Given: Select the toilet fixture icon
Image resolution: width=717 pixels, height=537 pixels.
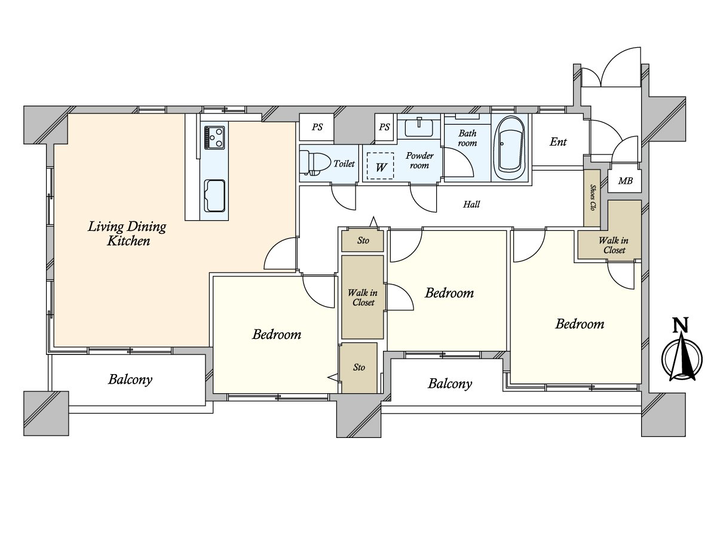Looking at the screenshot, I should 312,162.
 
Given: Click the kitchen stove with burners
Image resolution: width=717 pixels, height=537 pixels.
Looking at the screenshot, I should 214,137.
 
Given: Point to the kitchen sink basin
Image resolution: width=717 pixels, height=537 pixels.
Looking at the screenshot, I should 214,195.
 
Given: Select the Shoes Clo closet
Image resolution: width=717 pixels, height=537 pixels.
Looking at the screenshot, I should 592,198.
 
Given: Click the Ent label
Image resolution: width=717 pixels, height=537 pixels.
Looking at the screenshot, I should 557,142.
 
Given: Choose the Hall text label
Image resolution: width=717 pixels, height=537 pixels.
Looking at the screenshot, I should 471,205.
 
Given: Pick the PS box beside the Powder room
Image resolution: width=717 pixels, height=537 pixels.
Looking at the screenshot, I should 384,127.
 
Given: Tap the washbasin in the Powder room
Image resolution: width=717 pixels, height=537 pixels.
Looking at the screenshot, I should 419,127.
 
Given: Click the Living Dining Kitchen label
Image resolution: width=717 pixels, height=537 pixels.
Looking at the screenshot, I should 127,233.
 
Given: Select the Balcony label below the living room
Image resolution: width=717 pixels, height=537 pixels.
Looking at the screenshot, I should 130,379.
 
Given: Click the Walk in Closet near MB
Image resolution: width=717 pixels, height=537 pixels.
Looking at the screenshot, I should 614,245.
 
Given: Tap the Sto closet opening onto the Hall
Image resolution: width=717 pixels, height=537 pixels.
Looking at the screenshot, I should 363,240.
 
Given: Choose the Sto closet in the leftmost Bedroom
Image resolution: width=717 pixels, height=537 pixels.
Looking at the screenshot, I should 358,368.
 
